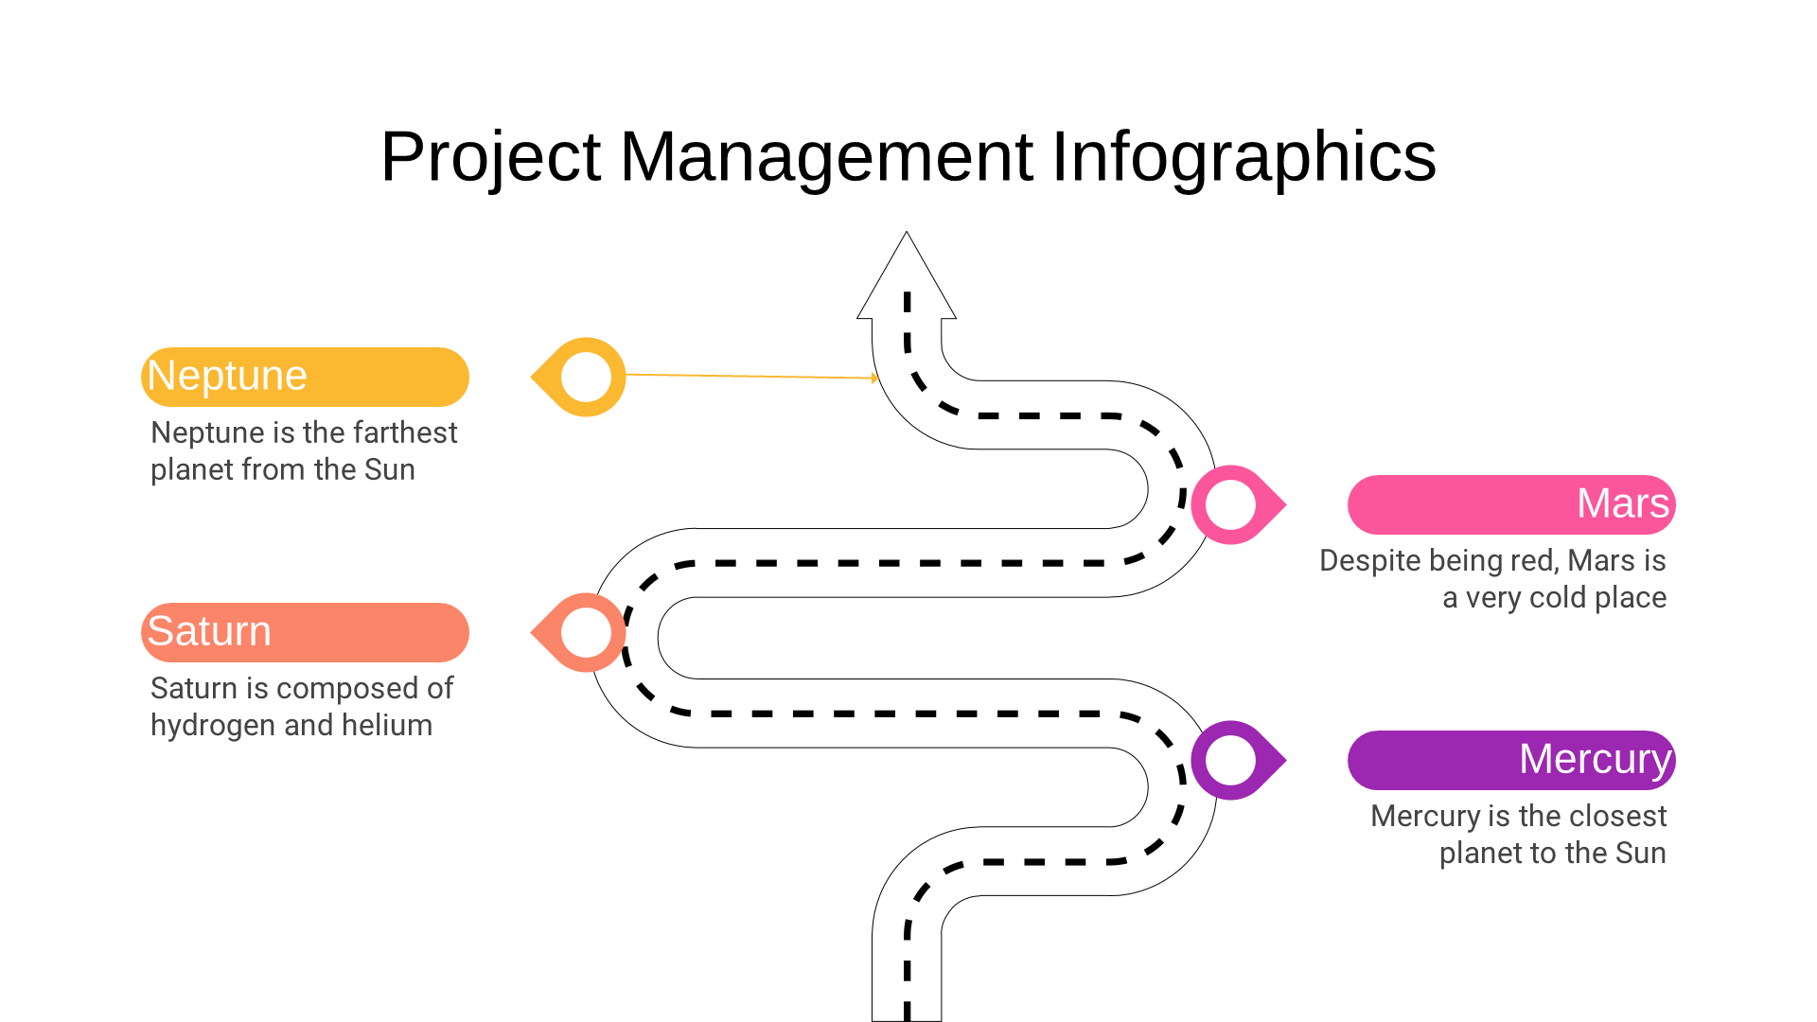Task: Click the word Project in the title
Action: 490,157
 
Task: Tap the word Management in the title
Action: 826,156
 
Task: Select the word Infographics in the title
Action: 1244,157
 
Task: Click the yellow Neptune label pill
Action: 305,377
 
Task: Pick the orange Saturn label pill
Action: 305,632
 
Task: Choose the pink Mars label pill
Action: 1511,504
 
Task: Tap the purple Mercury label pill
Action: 1511,760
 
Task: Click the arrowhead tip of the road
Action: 907,233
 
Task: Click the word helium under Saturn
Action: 387,725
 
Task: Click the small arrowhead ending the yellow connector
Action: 875,379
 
